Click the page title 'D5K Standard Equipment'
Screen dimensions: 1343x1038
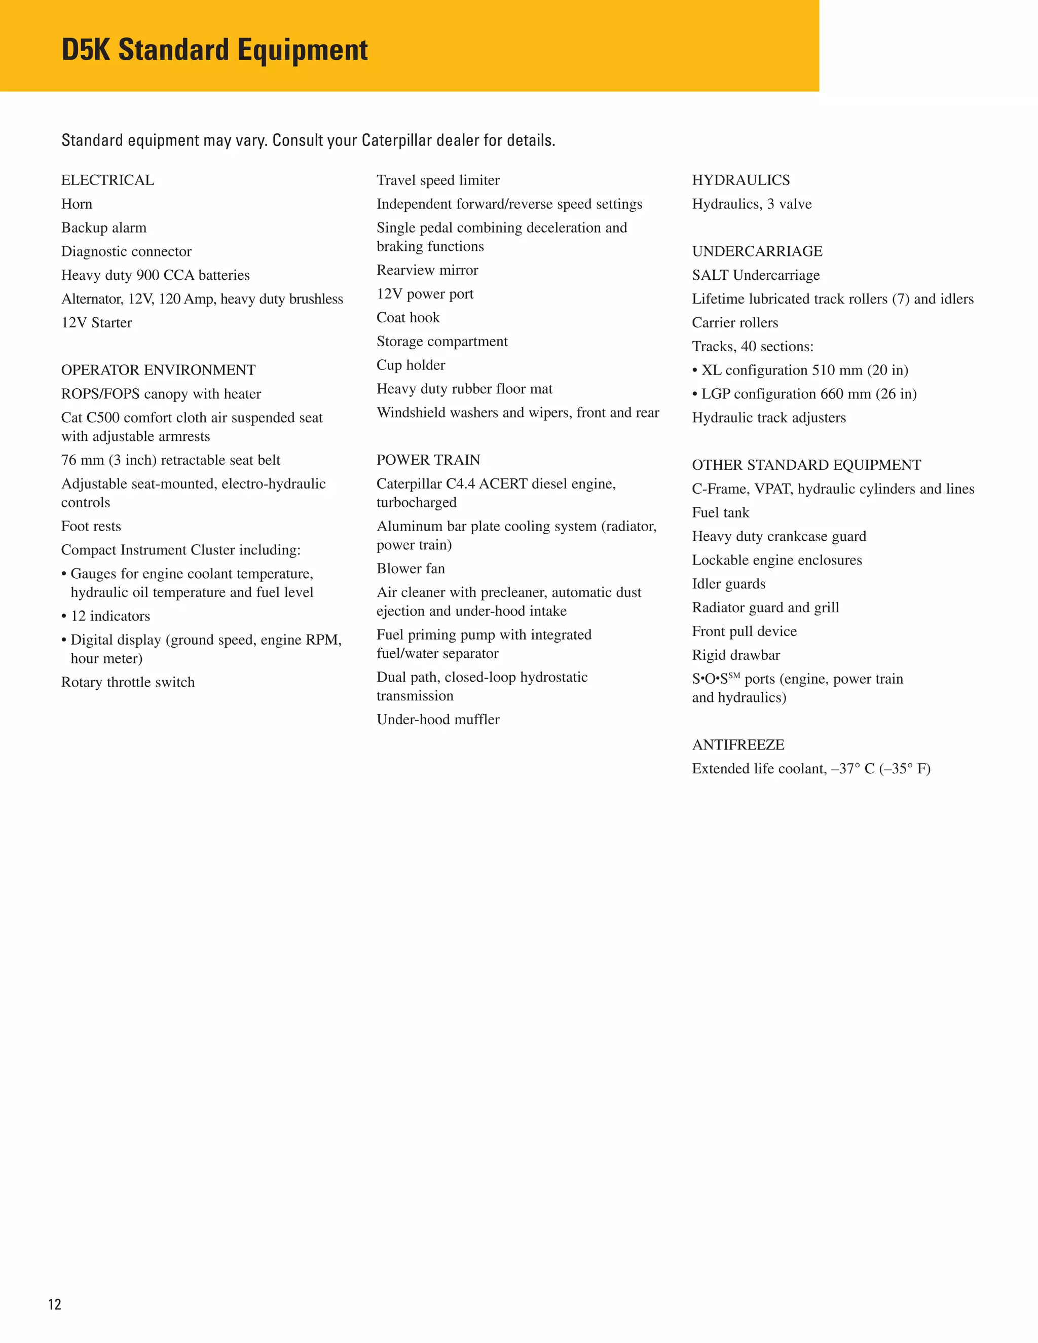[x=214, y=50]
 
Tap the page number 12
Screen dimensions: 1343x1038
[x=55, y=1304]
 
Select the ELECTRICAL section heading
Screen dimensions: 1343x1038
[x=107, y=180]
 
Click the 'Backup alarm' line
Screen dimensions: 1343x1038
[x=104, y=228]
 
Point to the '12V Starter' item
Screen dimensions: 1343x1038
[x=96, y=323]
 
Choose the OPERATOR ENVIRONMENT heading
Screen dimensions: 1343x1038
[x=158, y=370]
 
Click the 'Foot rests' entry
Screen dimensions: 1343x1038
[x=91, y=527]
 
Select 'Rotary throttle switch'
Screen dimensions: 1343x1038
[x=128, y=683]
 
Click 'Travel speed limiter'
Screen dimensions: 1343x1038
[x=438, y=180]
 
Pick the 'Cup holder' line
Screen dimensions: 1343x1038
[x=411, y=365]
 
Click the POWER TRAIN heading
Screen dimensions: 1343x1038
[x=428, y=460]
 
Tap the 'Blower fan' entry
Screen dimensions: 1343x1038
[x=411, y=569]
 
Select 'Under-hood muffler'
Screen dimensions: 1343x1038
[x=438, y=720]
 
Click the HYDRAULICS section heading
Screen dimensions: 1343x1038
[x=740, y=180]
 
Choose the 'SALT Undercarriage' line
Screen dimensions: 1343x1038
[x=755, y=276]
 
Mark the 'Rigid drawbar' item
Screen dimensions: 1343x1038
[x=735, y=655]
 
